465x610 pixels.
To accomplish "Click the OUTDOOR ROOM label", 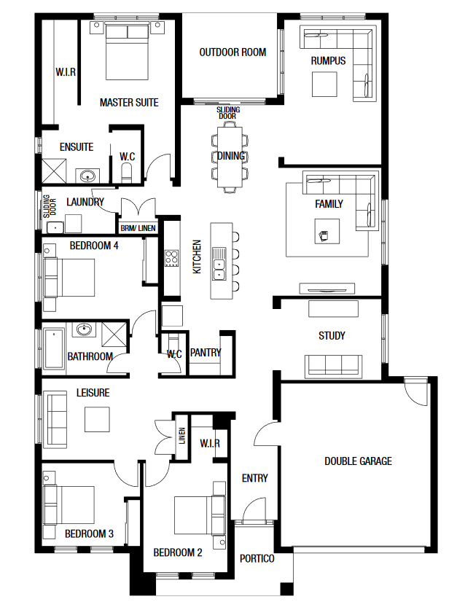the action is click(232, 52).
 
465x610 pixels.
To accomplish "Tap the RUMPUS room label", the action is click(328, 60).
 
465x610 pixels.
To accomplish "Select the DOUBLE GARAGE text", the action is click(358, 461).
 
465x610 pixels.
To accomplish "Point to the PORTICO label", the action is click(257, 559).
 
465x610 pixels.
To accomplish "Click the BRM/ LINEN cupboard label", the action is click(138, 228).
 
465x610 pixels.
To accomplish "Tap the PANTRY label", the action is click(206, 353).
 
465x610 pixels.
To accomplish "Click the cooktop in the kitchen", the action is click(171, 258).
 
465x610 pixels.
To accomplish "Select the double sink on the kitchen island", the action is click(219, 264).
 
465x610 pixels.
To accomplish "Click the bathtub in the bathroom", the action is click(54, 348).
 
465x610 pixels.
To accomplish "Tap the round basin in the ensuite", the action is click(87, 176).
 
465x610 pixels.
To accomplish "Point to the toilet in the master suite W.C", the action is click(128, 173).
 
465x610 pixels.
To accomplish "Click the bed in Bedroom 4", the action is click(69, 278).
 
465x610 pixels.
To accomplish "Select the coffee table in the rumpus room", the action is click(324, 85).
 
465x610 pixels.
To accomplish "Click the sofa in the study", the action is click(334, 365).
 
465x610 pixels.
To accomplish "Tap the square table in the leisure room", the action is click(97, 419).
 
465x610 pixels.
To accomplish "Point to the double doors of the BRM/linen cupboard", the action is click(138, 207).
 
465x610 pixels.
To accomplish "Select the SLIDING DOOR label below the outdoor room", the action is click(228, 113).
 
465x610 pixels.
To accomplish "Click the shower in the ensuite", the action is click(54, 171).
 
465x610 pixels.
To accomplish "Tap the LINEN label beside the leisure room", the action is click(182, 436).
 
